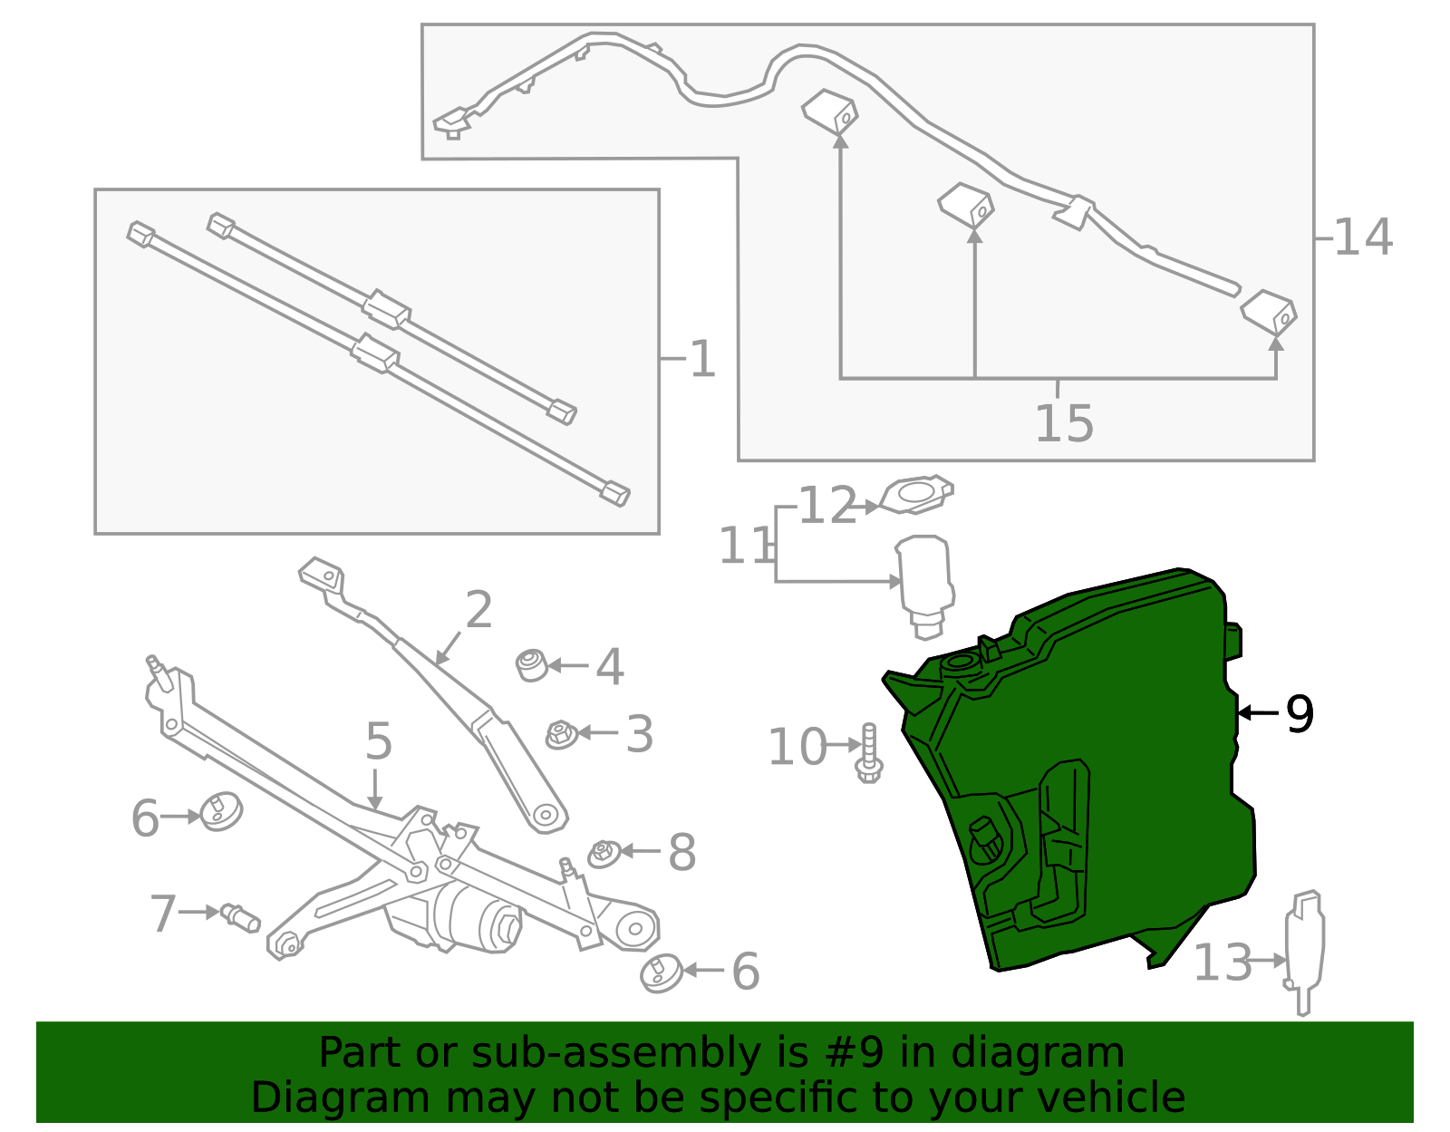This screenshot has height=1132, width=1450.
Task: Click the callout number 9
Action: point(1300,714)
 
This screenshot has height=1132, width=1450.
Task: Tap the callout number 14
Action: point(1363,237)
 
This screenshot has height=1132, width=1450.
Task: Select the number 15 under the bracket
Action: point(1065,423)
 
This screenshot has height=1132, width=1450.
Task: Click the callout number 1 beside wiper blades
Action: point(702,360)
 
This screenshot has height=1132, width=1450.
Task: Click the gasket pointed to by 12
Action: point(917,494)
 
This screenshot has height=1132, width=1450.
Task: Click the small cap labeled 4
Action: point(532,665)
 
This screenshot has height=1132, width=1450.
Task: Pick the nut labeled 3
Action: point(561,733)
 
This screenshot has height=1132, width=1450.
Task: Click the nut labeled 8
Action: point(604,853)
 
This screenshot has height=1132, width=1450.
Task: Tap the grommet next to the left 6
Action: point(220,811)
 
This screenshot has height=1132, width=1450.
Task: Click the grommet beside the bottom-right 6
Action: point(662,972)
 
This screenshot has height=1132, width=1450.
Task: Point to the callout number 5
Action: point(379,741)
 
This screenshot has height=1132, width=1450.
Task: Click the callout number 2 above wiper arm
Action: point(478,610)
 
